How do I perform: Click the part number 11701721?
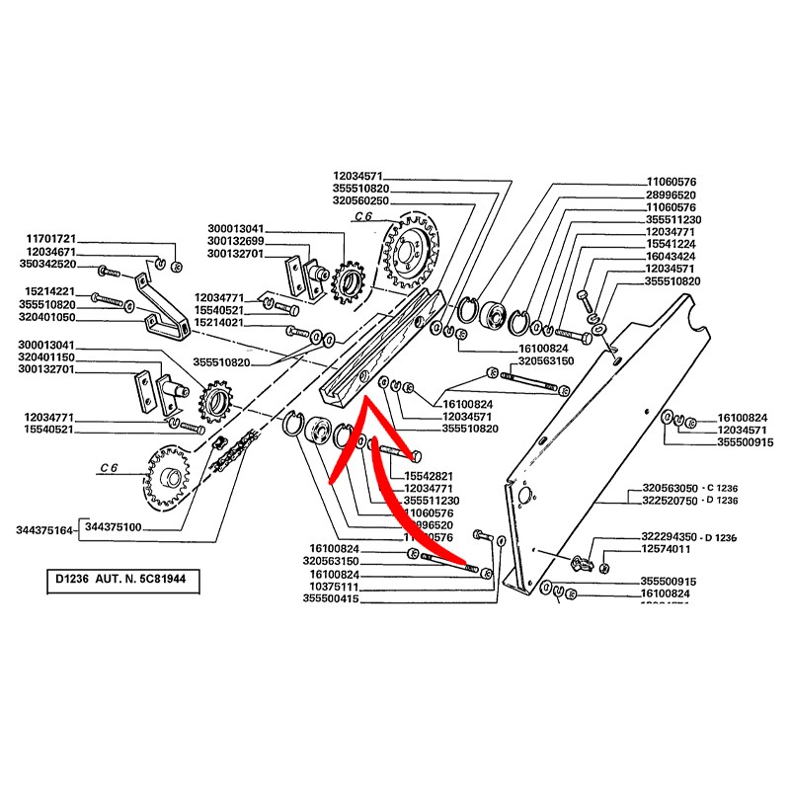48,240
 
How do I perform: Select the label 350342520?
48,266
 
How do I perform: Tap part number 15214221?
48,293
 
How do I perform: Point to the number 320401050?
48,319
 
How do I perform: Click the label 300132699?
235,241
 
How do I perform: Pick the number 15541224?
671,243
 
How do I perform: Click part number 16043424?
671,256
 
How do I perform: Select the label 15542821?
428,476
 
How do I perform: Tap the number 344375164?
44,530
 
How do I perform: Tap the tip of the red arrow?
361,399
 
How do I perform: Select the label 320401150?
48,356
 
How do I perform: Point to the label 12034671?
48,253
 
